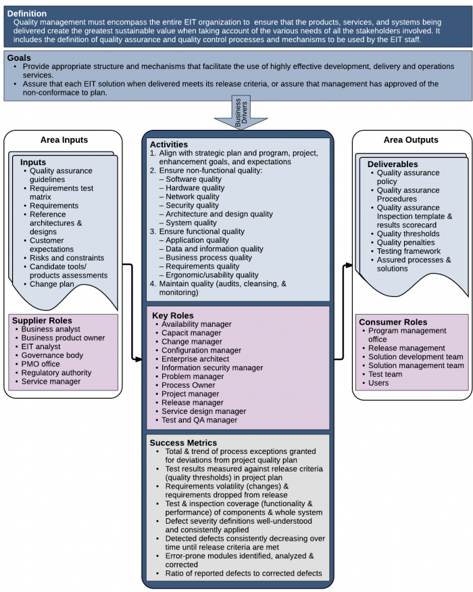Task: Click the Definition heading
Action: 26,14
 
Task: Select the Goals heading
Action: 18,58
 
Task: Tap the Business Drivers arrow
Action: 238,113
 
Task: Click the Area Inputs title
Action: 64,140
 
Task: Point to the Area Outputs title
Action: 411,140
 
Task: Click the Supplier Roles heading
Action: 42,320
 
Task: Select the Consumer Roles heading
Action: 393,322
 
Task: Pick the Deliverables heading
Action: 393,164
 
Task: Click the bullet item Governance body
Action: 52,355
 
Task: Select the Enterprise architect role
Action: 196,359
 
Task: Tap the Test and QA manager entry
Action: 199,420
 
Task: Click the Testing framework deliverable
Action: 408,251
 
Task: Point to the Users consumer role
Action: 378,383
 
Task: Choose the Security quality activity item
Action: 193,205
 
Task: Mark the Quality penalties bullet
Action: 405,242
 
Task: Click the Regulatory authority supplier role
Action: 56,373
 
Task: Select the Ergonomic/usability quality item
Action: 212,275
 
